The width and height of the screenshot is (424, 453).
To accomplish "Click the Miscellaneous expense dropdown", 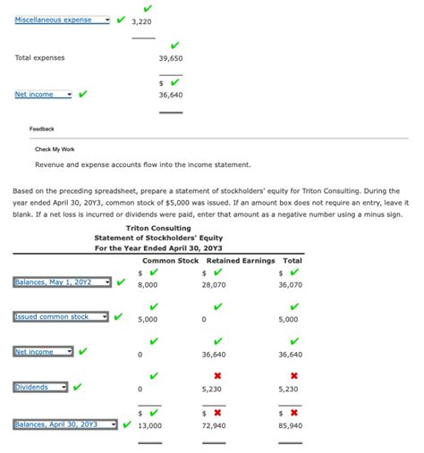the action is pyautogui.click(x=63, y=20).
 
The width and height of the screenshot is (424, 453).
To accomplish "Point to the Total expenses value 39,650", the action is pyautogui.click(x=171, y=58).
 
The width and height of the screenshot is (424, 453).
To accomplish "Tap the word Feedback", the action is pyautogui.click(x=41, y=129).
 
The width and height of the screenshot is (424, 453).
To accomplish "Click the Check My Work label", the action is pyautogui.click(x=55, y=149).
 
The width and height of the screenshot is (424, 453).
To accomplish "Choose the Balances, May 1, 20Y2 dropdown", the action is pyautogui.click(x=63, y=282).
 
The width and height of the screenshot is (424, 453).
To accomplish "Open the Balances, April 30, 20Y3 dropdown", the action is pyautogui.click(x=65, y=424).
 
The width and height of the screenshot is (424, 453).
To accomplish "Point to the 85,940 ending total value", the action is pyautogui.click(x=291, y=425).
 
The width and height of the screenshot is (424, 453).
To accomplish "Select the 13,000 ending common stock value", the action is pyautogui.click(x=149, y=425).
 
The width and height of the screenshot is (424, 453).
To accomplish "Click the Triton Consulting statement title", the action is pyautogui.click(x=157, y=228).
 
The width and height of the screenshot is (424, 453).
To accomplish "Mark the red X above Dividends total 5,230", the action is pyautogui.click(x=293, y=376).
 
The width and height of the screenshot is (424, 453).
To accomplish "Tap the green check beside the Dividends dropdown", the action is pyautogui.click(x=77, y=387).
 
